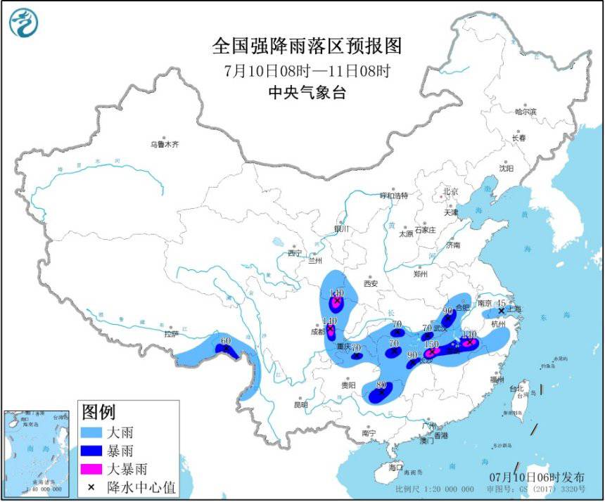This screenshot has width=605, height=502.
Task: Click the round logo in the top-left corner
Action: (23, 23)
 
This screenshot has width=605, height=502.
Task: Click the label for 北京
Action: (450, 191)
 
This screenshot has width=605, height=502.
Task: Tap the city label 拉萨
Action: (172, 335)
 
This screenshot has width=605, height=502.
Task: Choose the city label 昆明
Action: (300, 405)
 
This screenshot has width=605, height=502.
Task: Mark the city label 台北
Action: (516, 388)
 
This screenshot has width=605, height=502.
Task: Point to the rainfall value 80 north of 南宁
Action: (381, 385)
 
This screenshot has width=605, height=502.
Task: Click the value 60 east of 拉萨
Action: (225, 342)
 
